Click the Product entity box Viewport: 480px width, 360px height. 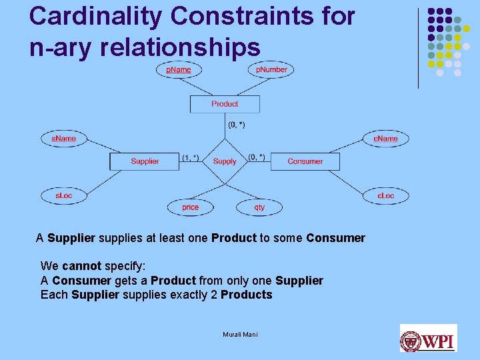click(x=225, y=104)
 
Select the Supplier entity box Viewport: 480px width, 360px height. click(x=145, y=161)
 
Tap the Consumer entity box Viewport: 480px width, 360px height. click(x=305, y=161)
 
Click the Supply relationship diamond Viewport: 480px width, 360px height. click(x=225, y=161)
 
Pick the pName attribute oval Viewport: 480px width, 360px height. click(x=178, y=69)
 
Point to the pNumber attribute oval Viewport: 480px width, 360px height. click(x=271, y=69)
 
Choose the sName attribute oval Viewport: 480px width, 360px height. click(x=63, y=139)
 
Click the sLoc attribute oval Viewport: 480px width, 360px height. click(x=63, y=195)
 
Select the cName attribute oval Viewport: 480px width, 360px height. click(x=385, y=139)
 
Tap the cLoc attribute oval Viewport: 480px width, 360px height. click(x=385, y=195)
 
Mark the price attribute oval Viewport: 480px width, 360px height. click(x=190, y=207)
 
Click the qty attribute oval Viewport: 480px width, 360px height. click(x=259, y=207)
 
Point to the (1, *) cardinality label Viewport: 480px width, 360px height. click(x=190, y=157)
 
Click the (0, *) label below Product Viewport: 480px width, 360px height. click(x=236, y=125)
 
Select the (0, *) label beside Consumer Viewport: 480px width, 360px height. click(x=256, y=157)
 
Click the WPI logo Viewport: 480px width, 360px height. click(x=428, y=338)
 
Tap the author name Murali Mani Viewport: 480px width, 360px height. click(x=240, y=334)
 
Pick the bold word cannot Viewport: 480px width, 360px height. click(x=82, y=266)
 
